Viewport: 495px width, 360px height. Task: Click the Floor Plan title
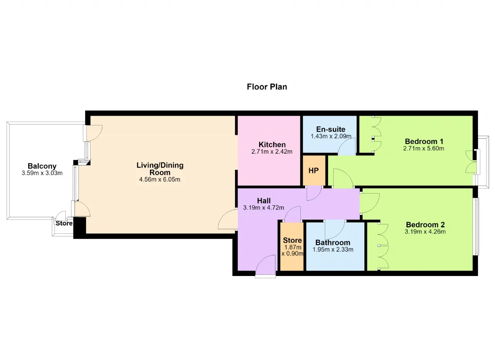tap(267, 87)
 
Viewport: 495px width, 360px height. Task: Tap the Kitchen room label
tap(272, 145)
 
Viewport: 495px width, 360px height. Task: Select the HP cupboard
tap(314, 170)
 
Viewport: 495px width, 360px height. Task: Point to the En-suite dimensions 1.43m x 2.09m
tap(331, 136)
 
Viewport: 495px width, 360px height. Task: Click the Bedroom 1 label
tap(424, 141)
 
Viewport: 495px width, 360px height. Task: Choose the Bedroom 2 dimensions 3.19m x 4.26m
tap(425, 232)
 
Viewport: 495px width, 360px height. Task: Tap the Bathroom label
tap(333, 243)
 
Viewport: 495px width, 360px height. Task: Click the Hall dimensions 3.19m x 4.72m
tap(264, 207)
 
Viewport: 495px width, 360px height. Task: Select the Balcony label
tap(42, 166)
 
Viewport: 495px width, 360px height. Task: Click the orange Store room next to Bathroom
tap(292, 246)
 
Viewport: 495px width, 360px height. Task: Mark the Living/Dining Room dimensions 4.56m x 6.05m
tap(160, 179)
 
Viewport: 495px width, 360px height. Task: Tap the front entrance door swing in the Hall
tap(265, 266)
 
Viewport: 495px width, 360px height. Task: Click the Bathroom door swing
tap(335, 230)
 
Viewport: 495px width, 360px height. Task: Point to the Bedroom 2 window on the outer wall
tap(477, 227)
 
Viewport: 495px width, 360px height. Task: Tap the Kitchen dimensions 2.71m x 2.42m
tap(272, 152)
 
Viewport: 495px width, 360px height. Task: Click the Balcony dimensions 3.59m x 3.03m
tap(42, 173)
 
